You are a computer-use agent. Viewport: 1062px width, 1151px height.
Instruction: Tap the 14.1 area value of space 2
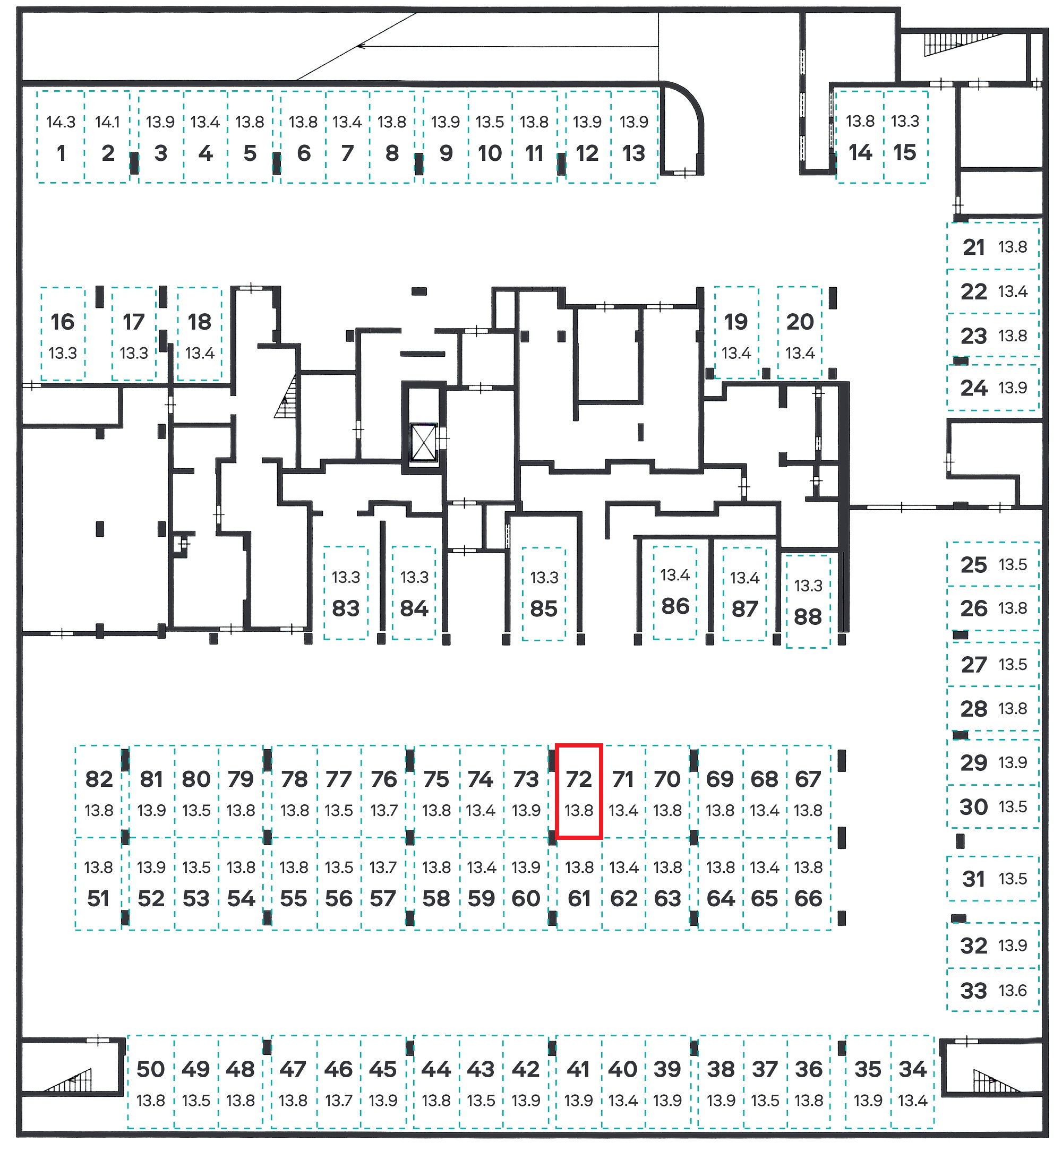[107, 122]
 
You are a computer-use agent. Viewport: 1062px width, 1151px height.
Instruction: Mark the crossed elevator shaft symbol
[424, 442]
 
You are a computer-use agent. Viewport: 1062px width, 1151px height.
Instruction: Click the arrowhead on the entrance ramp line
[361, 46]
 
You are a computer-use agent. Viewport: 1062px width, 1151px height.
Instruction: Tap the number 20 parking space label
[800, 322]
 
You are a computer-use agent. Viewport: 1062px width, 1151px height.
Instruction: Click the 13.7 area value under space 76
[384, 810]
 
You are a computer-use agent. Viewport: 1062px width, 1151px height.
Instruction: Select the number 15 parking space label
[904, 153]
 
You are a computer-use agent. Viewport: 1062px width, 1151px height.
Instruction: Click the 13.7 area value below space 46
[338, 1101]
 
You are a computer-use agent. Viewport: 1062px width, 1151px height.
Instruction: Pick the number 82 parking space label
[99, 779]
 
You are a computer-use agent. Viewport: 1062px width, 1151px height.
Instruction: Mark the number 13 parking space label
[634, 153]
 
